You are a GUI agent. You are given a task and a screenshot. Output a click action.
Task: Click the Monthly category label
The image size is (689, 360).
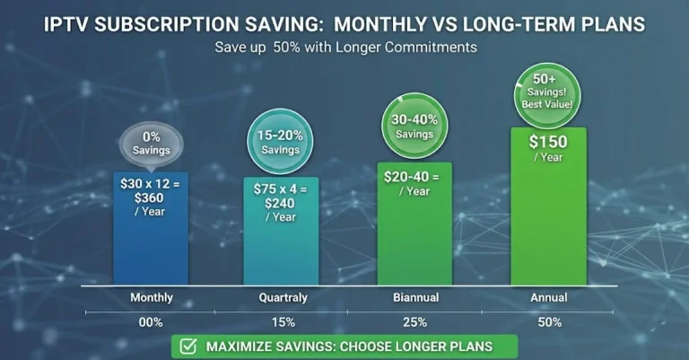(151, 297)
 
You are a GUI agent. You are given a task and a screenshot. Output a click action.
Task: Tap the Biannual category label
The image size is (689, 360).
(415, 297)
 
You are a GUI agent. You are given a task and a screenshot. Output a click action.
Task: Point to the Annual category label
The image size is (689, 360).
(548, 297)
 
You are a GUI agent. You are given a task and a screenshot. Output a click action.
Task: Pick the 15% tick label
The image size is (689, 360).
(281, 320)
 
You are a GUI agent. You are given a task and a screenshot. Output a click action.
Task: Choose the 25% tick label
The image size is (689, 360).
(415, 320)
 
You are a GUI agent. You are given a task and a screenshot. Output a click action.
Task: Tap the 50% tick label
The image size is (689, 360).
(548, 320)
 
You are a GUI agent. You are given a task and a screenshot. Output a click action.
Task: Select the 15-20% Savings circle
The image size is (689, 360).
(280, 143)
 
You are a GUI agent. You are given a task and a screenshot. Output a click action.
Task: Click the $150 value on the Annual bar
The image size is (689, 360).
(547, 142)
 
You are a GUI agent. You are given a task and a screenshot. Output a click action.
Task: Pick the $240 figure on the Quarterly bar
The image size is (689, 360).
(281, 203)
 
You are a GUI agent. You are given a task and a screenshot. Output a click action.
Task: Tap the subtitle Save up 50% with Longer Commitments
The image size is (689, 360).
(344, 46)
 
